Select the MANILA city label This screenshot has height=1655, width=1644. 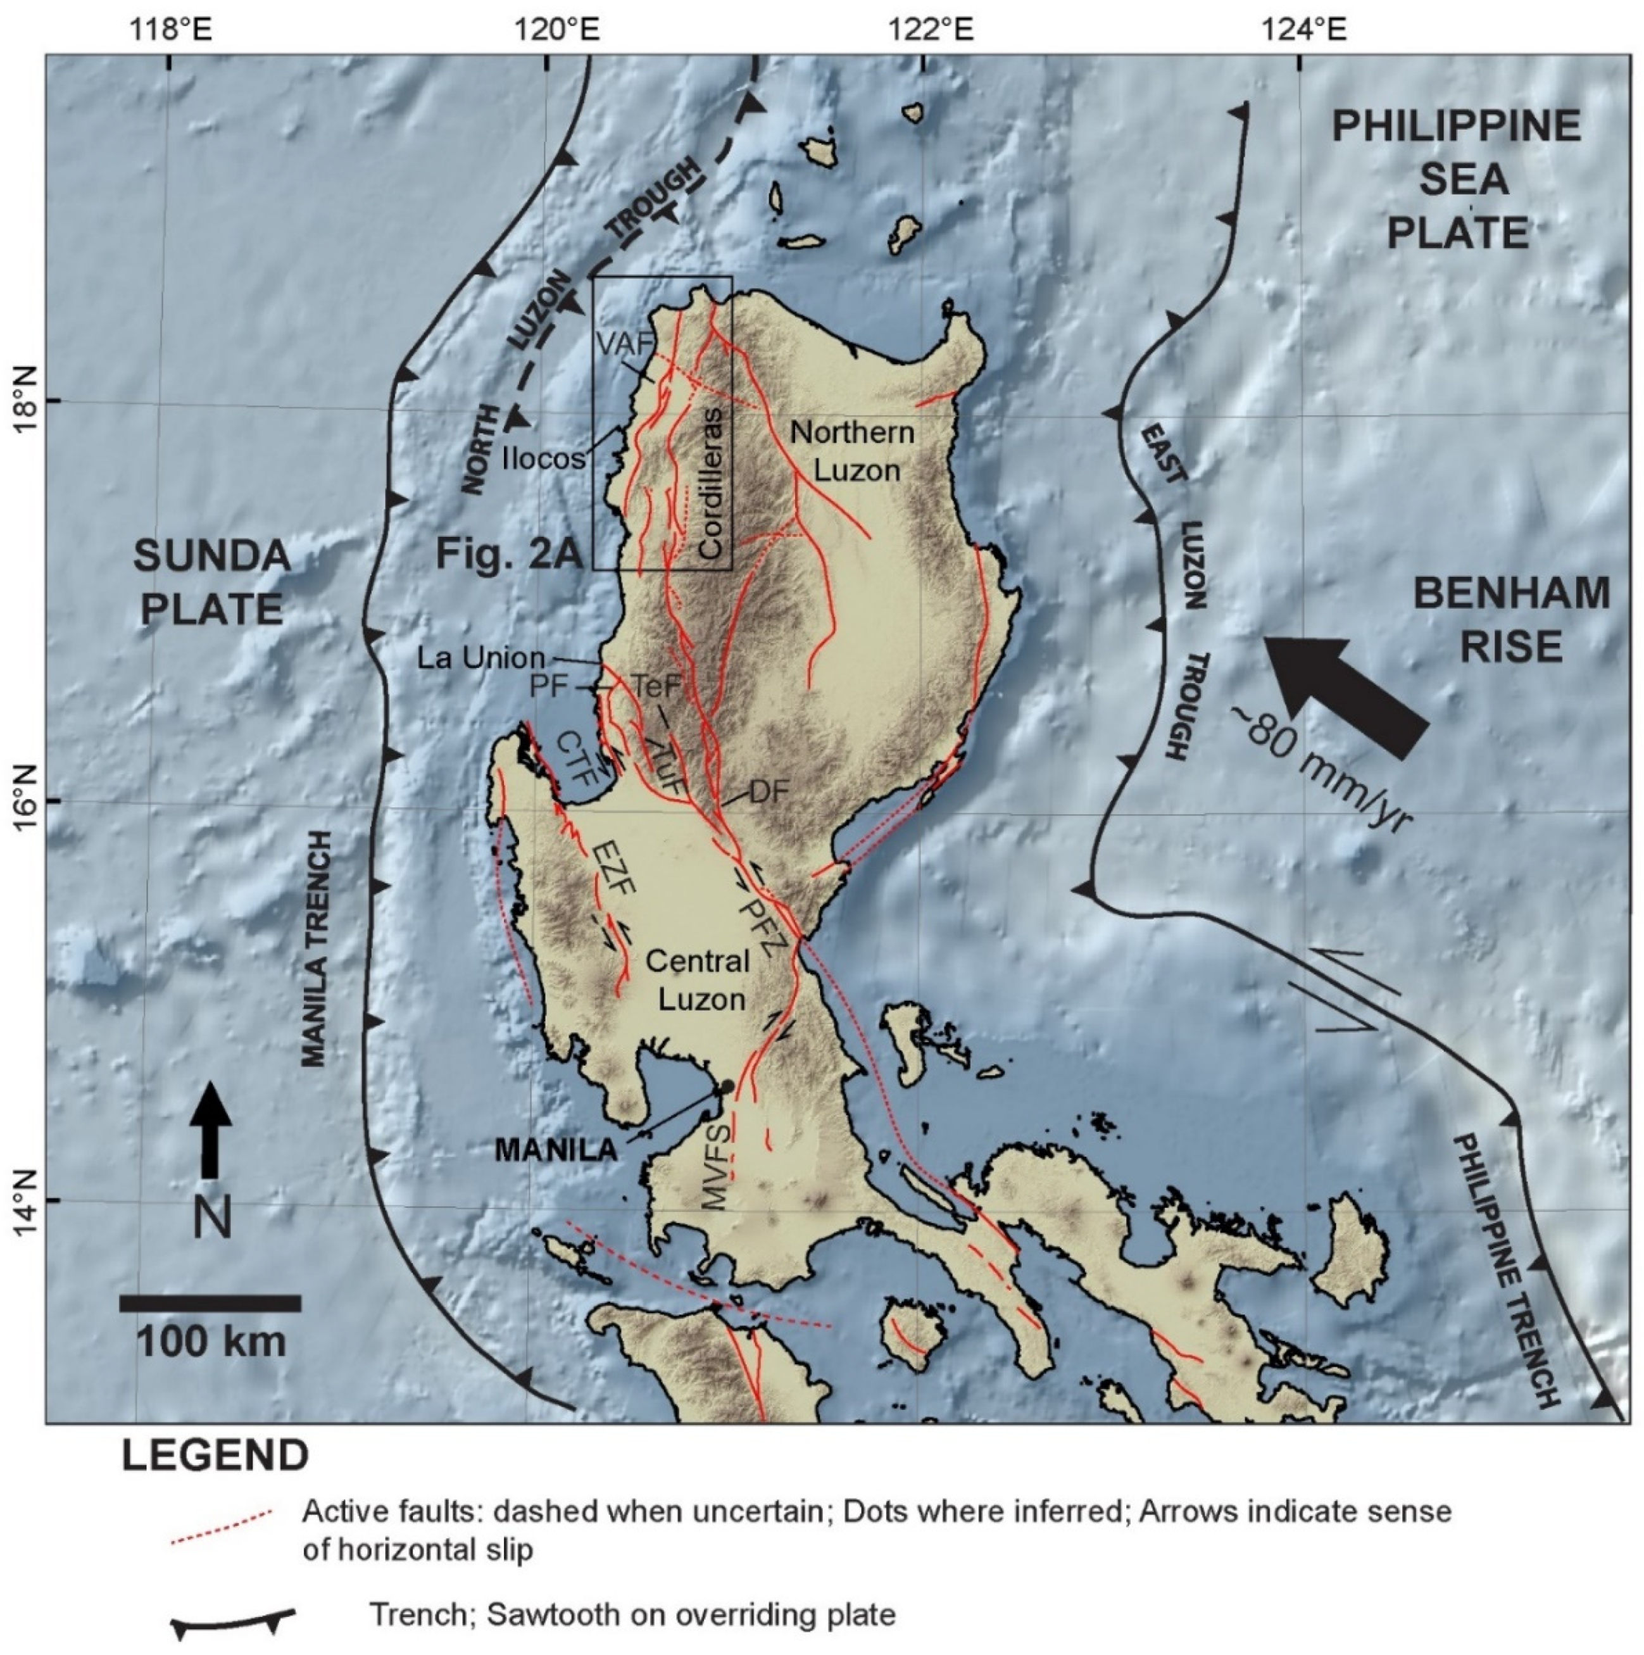click(556, 1150)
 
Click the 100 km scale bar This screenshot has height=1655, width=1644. click(210, 1304)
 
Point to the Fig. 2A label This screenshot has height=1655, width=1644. click(509, 553)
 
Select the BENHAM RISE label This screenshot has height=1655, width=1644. click(1510, 619)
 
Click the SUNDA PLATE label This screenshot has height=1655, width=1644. click(211, 583)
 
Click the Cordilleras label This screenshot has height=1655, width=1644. click(711, 483)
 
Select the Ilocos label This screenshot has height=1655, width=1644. click(543, 458)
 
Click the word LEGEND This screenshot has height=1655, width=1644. click(215, 1456)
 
